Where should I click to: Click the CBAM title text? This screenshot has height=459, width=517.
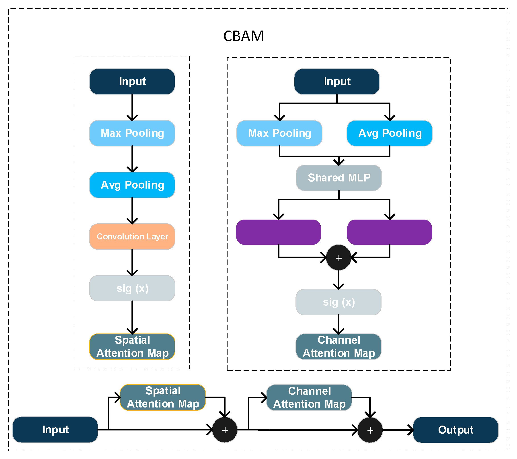(243, 36)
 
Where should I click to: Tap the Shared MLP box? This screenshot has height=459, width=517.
(339, 178)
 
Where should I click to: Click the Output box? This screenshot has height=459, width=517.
(455, 430)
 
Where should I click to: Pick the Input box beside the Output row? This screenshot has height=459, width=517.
(55, 430)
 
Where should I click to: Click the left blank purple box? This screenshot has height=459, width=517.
(278, 232)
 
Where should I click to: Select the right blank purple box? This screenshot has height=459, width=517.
(389, 232)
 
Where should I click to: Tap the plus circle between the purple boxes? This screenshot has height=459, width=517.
(339, 257)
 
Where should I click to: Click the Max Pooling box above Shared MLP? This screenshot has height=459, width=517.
(279, 133)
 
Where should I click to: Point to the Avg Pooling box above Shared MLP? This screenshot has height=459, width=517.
(389, 133)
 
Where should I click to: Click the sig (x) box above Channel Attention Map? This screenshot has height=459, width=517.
(339, 302)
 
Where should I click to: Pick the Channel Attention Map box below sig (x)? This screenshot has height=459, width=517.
(339, 346)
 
